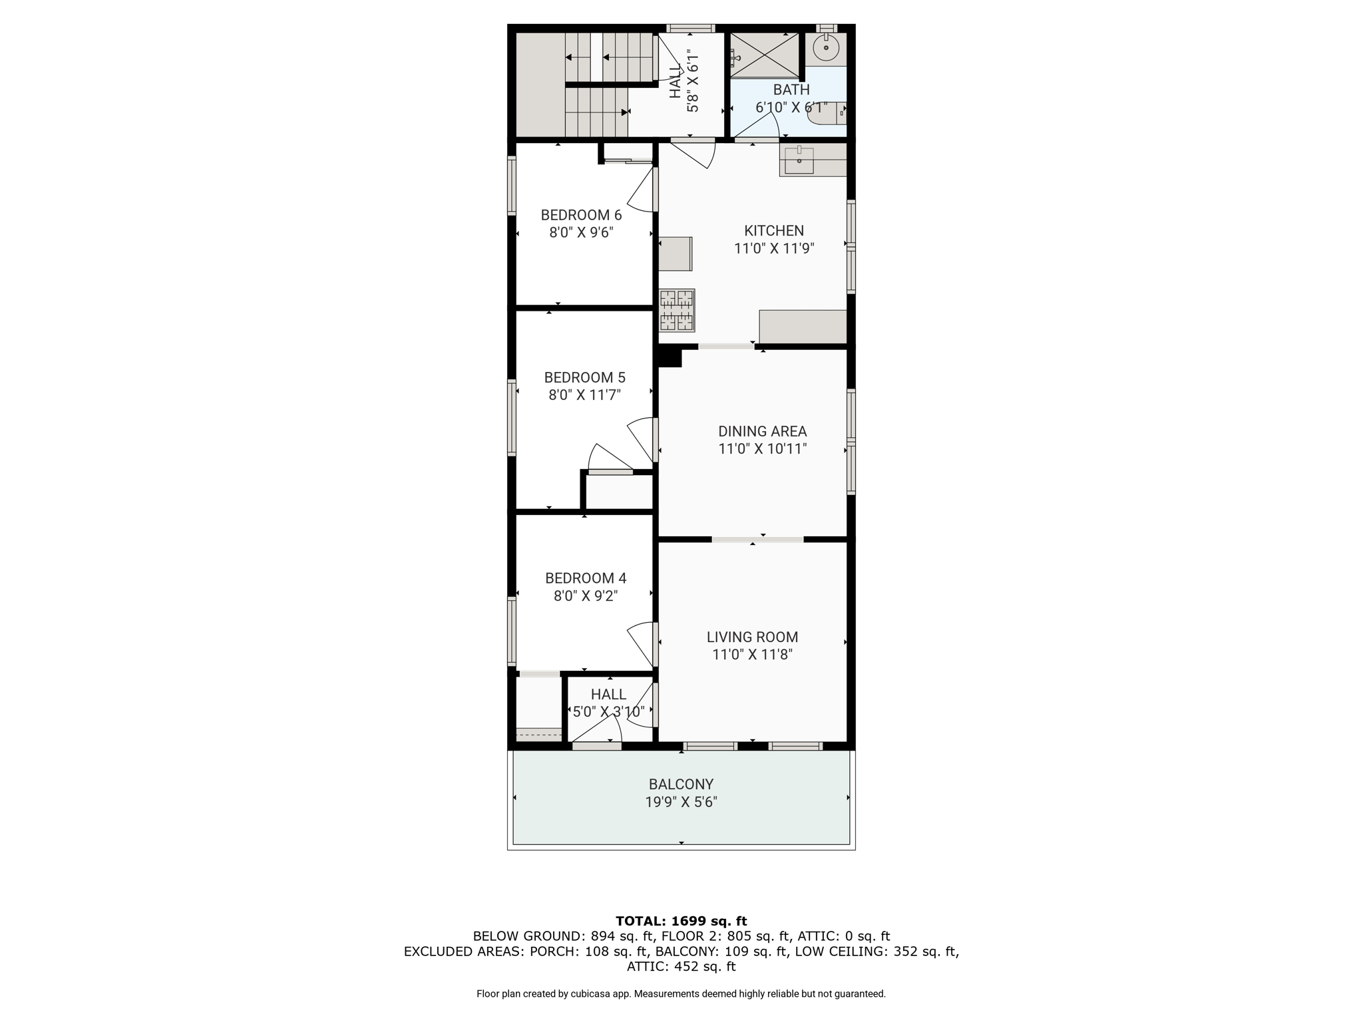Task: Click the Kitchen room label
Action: [x=774, y=231]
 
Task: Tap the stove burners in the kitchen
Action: [x=677, y=310]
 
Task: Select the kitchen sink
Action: [x=799, y=160]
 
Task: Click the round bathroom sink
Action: [x=826, y=48]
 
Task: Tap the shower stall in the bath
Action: [x=764, y=55]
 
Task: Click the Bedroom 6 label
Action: [x=581, y=215]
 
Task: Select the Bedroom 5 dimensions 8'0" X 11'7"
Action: [x=584, y=395]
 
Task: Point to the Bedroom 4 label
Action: [x=586, y=578]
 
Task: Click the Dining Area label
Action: [x=762, y=431]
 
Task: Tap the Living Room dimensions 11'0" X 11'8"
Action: [x=752, y=655]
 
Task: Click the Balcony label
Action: [x=681, y=784]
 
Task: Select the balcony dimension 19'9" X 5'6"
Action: [x=681, y=802]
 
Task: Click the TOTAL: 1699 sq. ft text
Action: [x=681, y=922]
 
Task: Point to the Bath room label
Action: [x=791, y=89]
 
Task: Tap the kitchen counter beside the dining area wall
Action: [x=803, y=327]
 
